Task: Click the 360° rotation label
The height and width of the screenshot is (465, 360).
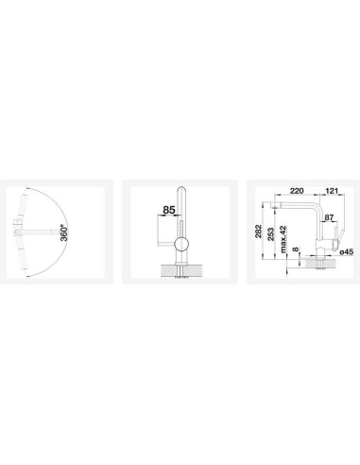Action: pyautogui.click(x=64, y=232)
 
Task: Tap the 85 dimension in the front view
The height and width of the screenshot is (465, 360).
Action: pyautogui.click(x=169, y=210)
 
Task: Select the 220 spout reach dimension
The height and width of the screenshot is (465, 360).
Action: pyautogui.click(x=297, y=191)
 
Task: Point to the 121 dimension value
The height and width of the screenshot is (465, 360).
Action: pyautogui.click(x=331, y=191)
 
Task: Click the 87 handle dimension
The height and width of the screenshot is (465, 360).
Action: pyautogui.click(x=329, y=217)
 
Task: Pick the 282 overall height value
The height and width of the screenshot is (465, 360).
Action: pyautogui.click(x=259, y=232)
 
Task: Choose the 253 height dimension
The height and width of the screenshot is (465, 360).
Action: pyautogui.click(x=271, y=234)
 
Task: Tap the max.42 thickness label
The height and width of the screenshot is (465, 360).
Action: pyautogui.click(x=283, y=239)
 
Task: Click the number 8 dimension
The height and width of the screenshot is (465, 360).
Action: pyautogui.click(x=295, y=250)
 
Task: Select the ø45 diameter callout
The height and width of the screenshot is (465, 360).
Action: pyautogui.click(x=347, y=252)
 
